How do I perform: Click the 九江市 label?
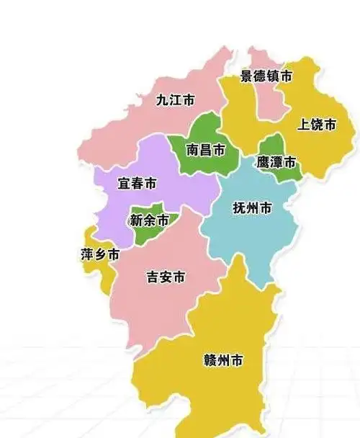176,100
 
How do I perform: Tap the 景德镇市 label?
266,76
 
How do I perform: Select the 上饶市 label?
317,125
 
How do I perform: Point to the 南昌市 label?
205,150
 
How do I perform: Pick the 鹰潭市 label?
276,162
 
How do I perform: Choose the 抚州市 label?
252,208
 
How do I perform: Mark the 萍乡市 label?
99,254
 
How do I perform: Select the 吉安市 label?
166,277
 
